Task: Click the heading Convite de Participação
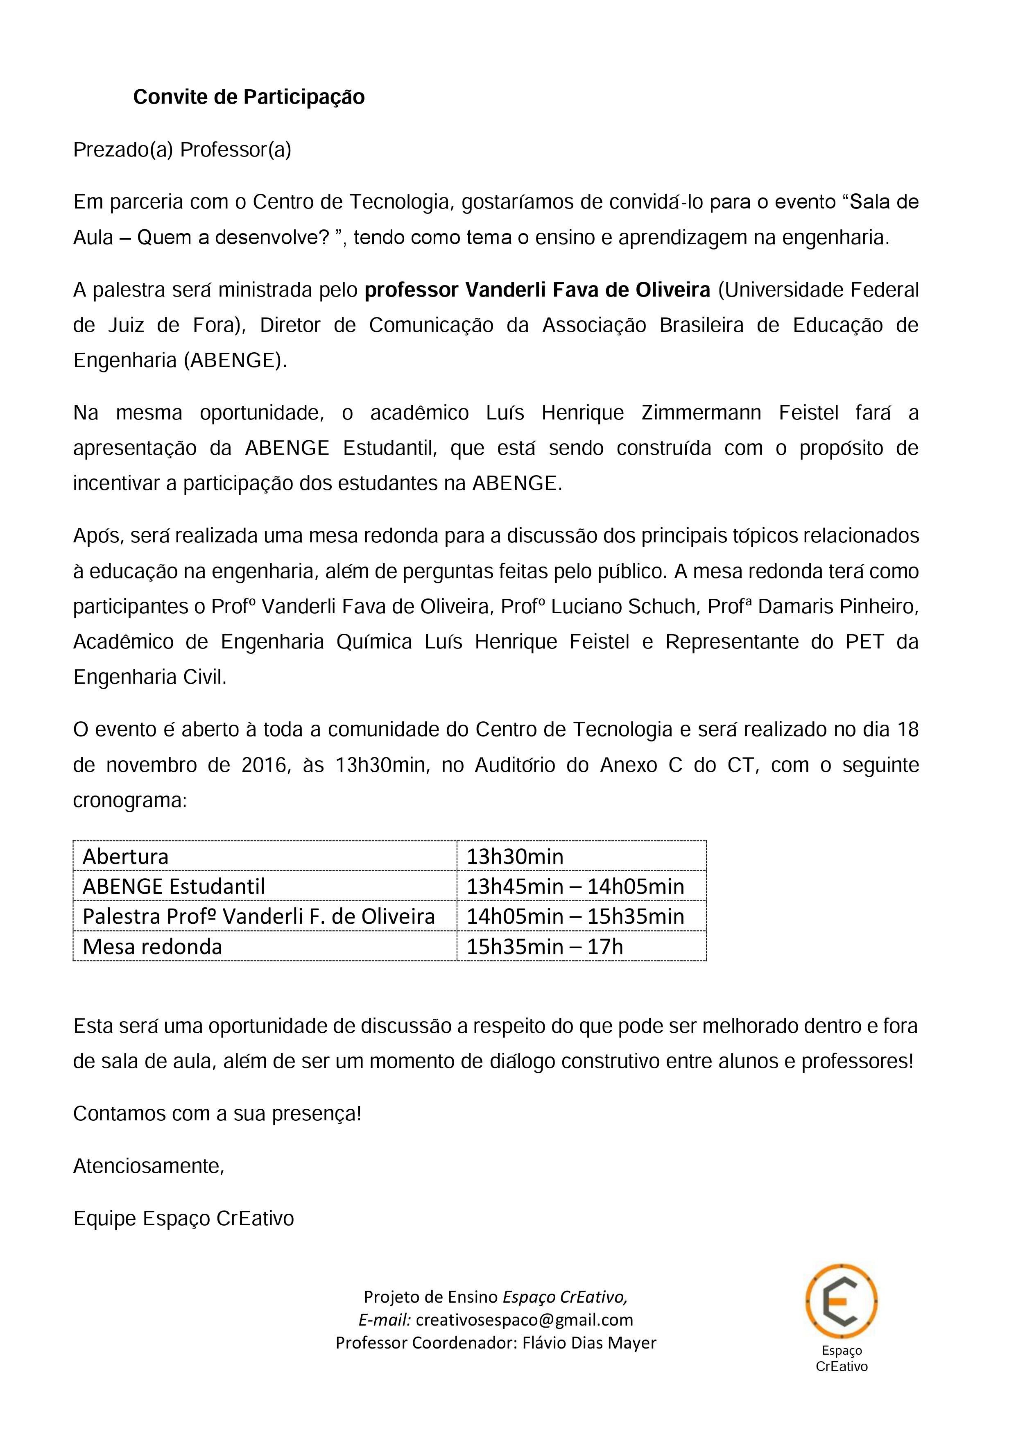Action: click(x=249, y=97)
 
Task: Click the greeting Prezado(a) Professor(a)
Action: click(x=182, y=150)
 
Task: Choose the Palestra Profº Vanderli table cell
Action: click(x=258, y=916)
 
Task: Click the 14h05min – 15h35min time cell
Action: click(x=575, y=916)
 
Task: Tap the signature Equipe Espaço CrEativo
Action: click(x=183, y=1219)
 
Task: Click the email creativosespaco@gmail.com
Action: click(x=524, y=1320)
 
